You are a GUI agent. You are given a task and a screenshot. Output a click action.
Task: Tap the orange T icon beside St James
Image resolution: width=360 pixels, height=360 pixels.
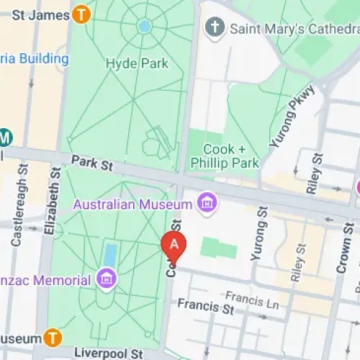[81, 14]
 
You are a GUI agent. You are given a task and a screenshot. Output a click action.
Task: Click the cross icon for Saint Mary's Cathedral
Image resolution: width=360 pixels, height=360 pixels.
[215, 28]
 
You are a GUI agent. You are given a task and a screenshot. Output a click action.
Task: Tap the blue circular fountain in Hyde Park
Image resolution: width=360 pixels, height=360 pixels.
[145, 26]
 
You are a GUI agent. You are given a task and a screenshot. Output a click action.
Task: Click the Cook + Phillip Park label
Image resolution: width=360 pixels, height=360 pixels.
[224, 156]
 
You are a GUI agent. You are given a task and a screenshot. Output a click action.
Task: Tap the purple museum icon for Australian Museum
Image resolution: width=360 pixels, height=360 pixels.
[207, 202]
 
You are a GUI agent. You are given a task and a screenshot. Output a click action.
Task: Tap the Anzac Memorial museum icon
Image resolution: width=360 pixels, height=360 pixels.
[106, 278]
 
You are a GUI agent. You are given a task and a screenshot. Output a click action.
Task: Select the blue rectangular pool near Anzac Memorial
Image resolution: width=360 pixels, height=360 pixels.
[110, 255]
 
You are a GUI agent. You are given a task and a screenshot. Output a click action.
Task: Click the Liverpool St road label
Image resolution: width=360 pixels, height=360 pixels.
[107, 353]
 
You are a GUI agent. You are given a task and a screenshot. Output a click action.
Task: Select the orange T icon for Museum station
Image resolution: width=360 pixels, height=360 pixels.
[53, 337]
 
